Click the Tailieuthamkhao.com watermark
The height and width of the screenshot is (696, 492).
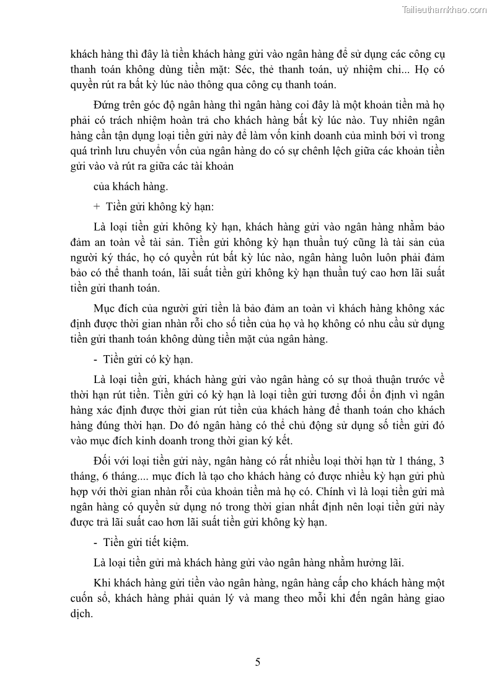(444, 9)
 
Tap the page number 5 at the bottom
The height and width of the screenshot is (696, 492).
(258, 662)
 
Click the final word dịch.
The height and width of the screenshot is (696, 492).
(81, 615)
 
